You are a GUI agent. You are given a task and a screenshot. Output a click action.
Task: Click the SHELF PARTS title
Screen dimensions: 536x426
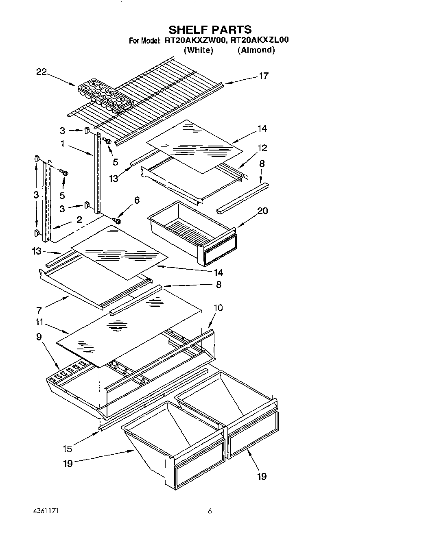point(210,29)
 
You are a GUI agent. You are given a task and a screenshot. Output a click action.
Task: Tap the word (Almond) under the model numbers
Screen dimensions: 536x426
point(256,50)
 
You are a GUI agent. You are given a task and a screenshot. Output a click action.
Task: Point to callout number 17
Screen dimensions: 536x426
point(264,76)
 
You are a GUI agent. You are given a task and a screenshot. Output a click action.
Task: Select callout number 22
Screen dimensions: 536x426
point(42,72)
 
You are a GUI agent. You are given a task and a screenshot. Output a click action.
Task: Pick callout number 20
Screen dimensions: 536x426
point(262,211)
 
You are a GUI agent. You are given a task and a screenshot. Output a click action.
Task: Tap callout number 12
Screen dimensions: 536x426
point(262,148)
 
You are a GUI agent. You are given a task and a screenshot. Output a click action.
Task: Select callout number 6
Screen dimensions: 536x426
point(137,200)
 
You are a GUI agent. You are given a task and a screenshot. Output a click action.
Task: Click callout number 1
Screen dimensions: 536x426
point(62,144)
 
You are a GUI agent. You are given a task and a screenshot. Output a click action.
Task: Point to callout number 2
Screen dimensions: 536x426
point(79,220)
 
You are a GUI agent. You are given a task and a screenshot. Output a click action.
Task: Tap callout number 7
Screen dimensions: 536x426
point(39,311)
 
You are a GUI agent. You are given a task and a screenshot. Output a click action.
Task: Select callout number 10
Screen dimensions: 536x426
point(218,308)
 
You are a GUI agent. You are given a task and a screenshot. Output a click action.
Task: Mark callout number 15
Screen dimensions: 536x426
point(67,449)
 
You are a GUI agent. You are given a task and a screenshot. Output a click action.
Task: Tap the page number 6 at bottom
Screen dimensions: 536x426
point(210,511)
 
